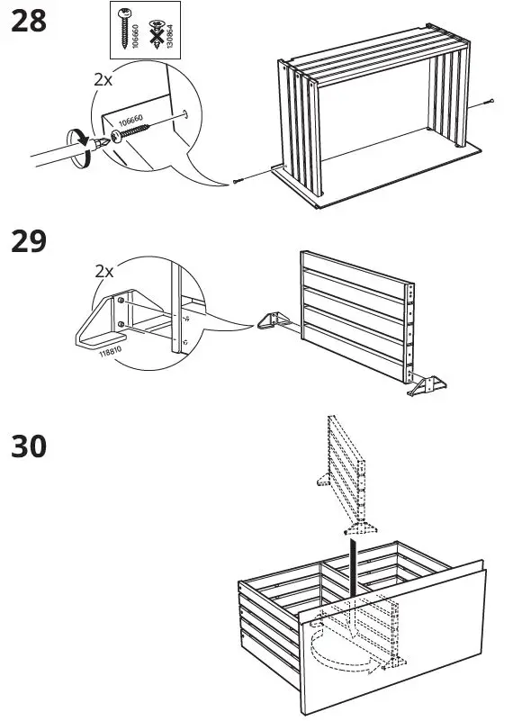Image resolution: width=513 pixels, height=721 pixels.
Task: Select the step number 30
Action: coord(28,446)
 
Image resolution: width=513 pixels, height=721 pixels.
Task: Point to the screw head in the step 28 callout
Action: coord(116,137)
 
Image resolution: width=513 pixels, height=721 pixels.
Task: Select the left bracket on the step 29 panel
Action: coord(271,320)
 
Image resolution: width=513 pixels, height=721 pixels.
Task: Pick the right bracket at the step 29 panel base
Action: coord(425,386)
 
